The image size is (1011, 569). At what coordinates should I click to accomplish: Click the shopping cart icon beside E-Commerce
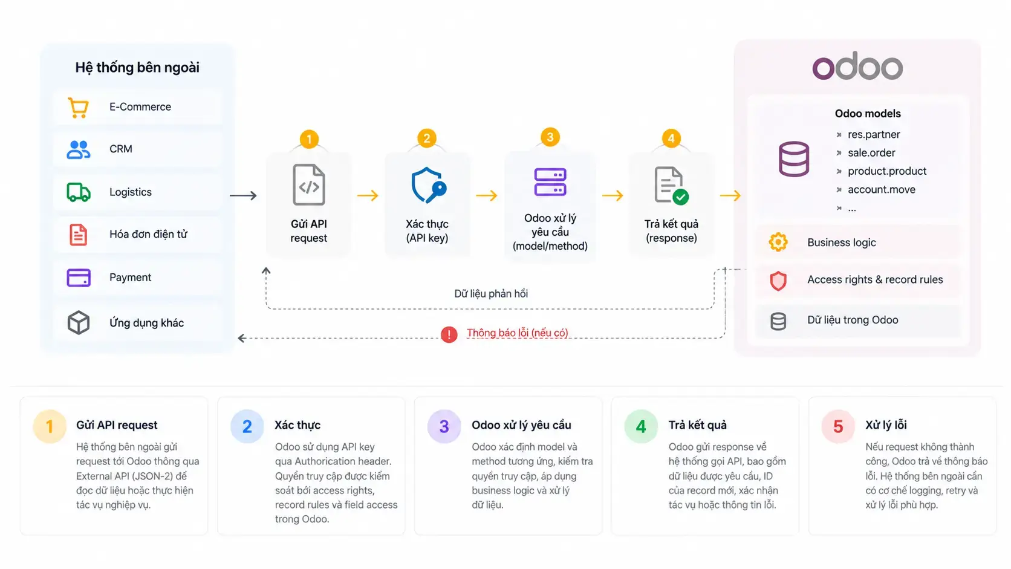pyautogui.click(x=78, y=108)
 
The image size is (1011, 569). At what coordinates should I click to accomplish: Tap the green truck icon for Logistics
pyautogui.click(x=79, y=192)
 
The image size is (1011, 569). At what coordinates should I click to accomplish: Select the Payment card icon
pyautogui.click(x=79, y=278)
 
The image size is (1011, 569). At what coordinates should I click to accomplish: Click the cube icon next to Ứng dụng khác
pyautogui.click(x=79, y=322)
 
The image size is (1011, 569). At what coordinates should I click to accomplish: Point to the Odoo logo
pyautogui.click(x=857, y=66)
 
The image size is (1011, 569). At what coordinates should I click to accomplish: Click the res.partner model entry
pyautogui.click(x=874, y=134)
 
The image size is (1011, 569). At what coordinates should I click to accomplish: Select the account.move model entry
pyautogui.click(x=882, y=189)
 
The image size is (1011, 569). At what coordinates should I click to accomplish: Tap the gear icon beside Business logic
pyautogui.click(x=778, y=242)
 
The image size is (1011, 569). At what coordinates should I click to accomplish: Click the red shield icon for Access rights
pyautogui.click(x=778, y=280)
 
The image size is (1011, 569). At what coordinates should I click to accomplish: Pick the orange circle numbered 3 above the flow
pyautogui.click(x=550, y=137)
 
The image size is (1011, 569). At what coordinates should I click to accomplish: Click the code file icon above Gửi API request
pyautogui.click(x=309, y=184)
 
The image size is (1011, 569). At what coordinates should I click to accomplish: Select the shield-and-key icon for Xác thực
pyautogui.click(x=428, y=186)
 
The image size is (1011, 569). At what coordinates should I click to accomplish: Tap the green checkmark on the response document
pyautogui.click(x=680, y=197)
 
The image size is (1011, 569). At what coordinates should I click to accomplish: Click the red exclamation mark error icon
pyautogui.click(x=449, y=334)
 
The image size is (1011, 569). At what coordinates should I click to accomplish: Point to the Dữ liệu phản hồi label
pyautogui.click(x=491, y=294)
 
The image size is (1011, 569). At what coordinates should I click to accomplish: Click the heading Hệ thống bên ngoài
pyautogui.click(x=137, y=67)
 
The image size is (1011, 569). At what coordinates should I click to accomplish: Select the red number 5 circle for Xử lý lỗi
pyautogui.click(x=838, y=426)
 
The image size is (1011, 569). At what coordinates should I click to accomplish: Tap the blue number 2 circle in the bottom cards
pyautogui.click(x=247, y=426)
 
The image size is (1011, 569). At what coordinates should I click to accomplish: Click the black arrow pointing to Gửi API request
pyautogui.click(x=243, y=195)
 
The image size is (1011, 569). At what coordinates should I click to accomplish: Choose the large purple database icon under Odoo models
pyautogui.click(x=794, y=159)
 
